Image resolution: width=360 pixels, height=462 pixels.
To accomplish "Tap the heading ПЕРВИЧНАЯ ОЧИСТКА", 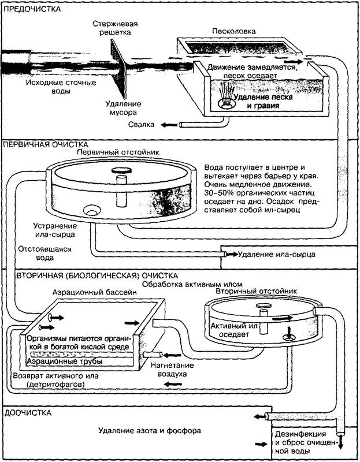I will (46, 144).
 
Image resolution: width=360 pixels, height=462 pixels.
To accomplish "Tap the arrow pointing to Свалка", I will (169, 125).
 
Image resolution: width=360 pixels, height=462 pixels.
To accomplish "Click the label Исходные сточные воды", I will (52, 87).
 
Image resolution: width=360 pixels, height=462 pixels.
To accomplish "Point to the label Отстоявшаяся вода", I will (41, 255).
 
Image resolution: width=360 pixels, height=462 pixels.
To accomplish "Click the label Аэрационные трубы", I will (65, 361).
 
